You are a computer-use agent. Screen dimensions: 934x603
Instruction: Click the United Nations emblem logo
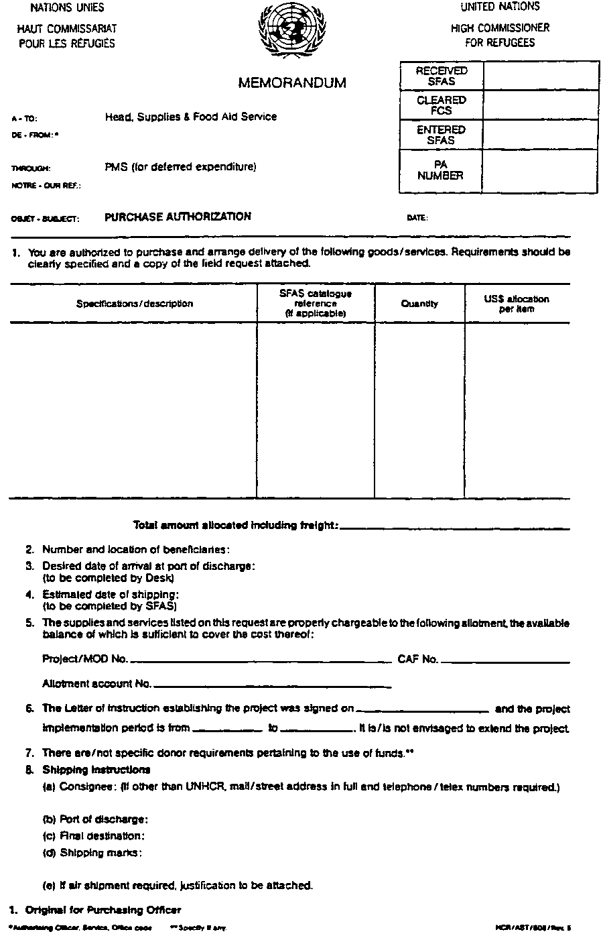[x=285, y=31]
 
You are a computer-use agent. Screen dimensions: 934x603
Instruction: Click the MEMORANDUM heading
[x=292, y=83]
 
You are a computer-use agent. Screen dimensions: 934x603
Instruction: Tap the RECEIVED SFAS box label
[x=441, y=76]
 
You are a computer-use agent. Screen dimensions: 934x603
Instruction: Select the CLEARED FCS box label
[x=441, y=105]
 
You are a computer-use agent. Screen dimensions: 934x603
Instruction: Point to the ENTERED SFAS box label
[x=441, y=135]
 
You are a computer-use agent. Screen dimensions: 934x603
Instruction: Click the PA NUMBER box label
[x=440, y=170]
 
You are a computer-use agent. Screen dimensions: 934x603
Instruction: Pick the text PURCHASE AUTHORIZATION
[x=178, y=217]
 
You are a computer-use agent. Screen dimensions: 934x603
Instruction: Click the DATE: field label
[x=417, y=218]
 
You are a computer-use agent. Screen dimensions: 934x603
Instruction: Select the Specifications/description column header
[x=134, y=304]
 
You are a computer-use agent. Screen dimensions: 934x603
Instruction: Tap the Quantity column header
[x=419, y=304]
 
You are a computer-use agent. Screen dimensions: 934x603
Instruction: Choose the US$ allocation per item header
[x=516, y=304]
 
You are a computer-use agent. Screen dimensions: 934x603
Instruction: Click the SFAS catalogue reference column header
[x=315, y=303]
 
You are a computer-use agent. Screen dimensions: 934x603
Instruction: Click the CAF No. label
[x=417, y=659]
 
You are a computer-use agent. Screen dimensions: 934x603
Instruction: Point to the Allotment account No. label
[x=96, y=684]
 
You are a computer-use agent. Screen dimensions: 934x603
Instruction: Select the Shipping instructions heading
[x=96, y=769]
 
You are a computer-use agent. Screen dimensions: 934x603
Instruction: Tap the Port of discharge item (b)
[x=95, y=819]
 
